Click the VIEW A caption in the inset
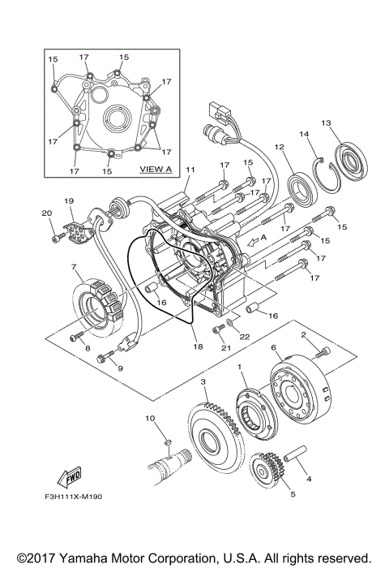(156, 170)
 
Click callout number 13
(326, 123)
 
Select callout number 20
(45, 213)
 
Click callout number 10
(149, 418)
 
